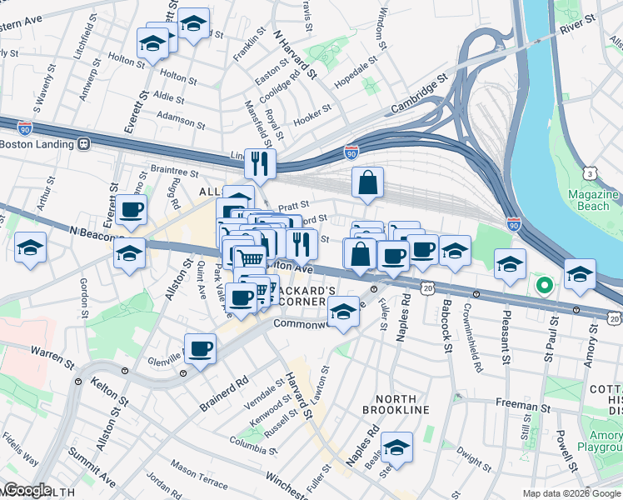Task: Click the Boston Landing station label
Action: point(37,143)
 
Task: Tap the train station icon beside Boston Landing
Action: point(83,143)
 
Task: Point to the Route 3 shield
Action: point(589,173)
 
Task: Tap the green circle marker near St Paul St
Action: point(545,287)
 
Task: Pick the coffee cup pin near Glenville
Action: point(199,348)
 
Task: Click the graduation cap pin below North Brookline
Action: point(397,448)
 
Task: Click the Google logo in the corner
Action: point(28,490)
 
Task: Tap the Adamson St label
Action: point(181,118)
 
